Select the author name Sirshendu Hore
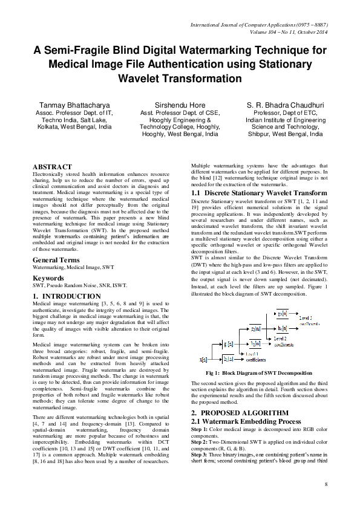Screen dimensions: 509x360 point(179,105)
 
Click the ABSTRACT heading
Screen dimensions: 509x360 point(52,166)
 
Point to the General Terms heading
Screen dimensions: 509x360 point(56,260)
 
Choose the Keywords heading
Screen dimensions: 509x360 point(48,278)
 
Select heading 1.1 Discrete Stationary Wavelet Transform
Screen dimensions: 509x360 point(259,192)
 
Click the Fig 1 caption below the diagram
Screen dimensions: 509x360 point(259,373)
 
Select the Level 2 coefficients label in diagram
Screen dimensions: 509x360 point(281,341)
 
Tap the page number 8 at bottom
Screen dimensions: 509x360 point(326,485)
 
